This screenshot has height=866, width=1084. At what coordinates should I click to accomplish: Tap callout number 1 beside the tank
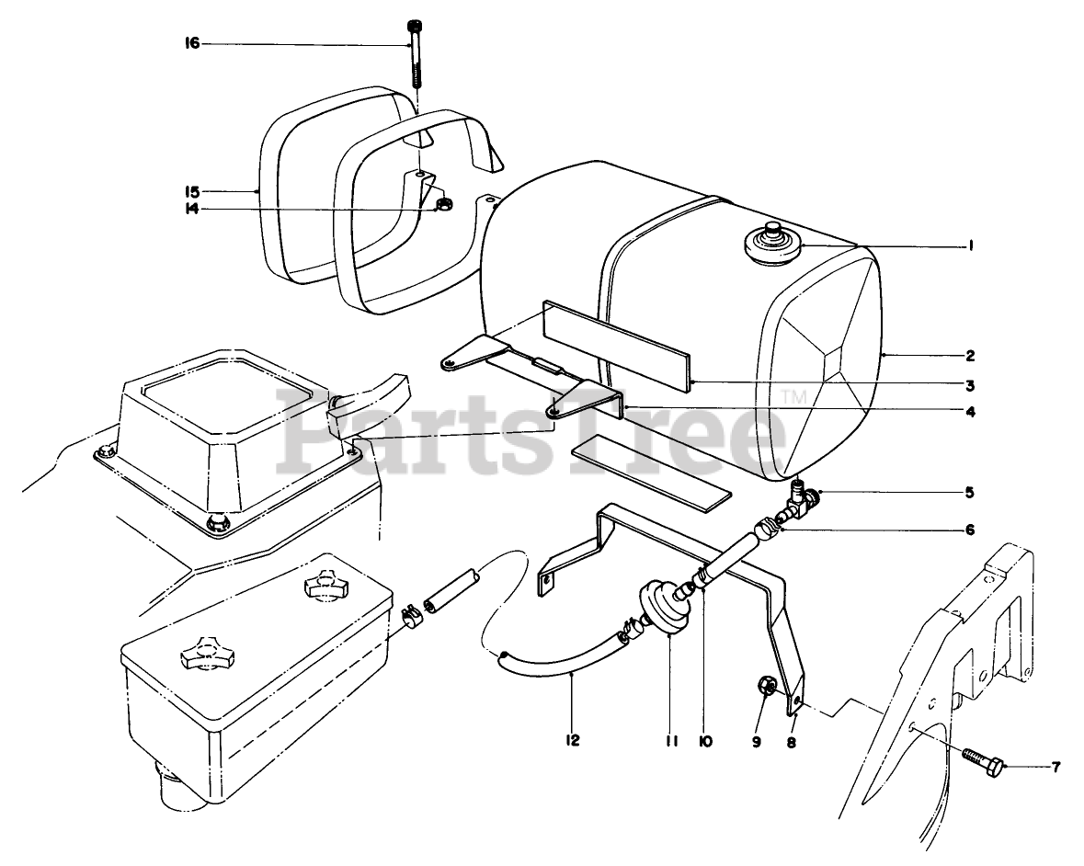(x=971, y=245)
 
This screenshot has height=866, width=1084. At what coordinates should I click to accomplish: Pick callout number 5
(x=971, y=492)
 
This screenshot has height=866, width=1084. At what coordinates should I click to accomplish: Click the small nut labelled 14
(x=442, y=203)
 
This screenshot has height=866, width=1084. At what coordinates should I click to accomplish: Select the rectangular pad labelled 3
(x=615, y=341)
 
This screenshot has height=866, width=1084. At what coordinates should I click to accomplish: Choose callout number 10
(x=705, y=739)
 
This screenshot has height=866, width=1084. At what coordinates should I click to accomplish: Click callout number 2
(x=971, y=355)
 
